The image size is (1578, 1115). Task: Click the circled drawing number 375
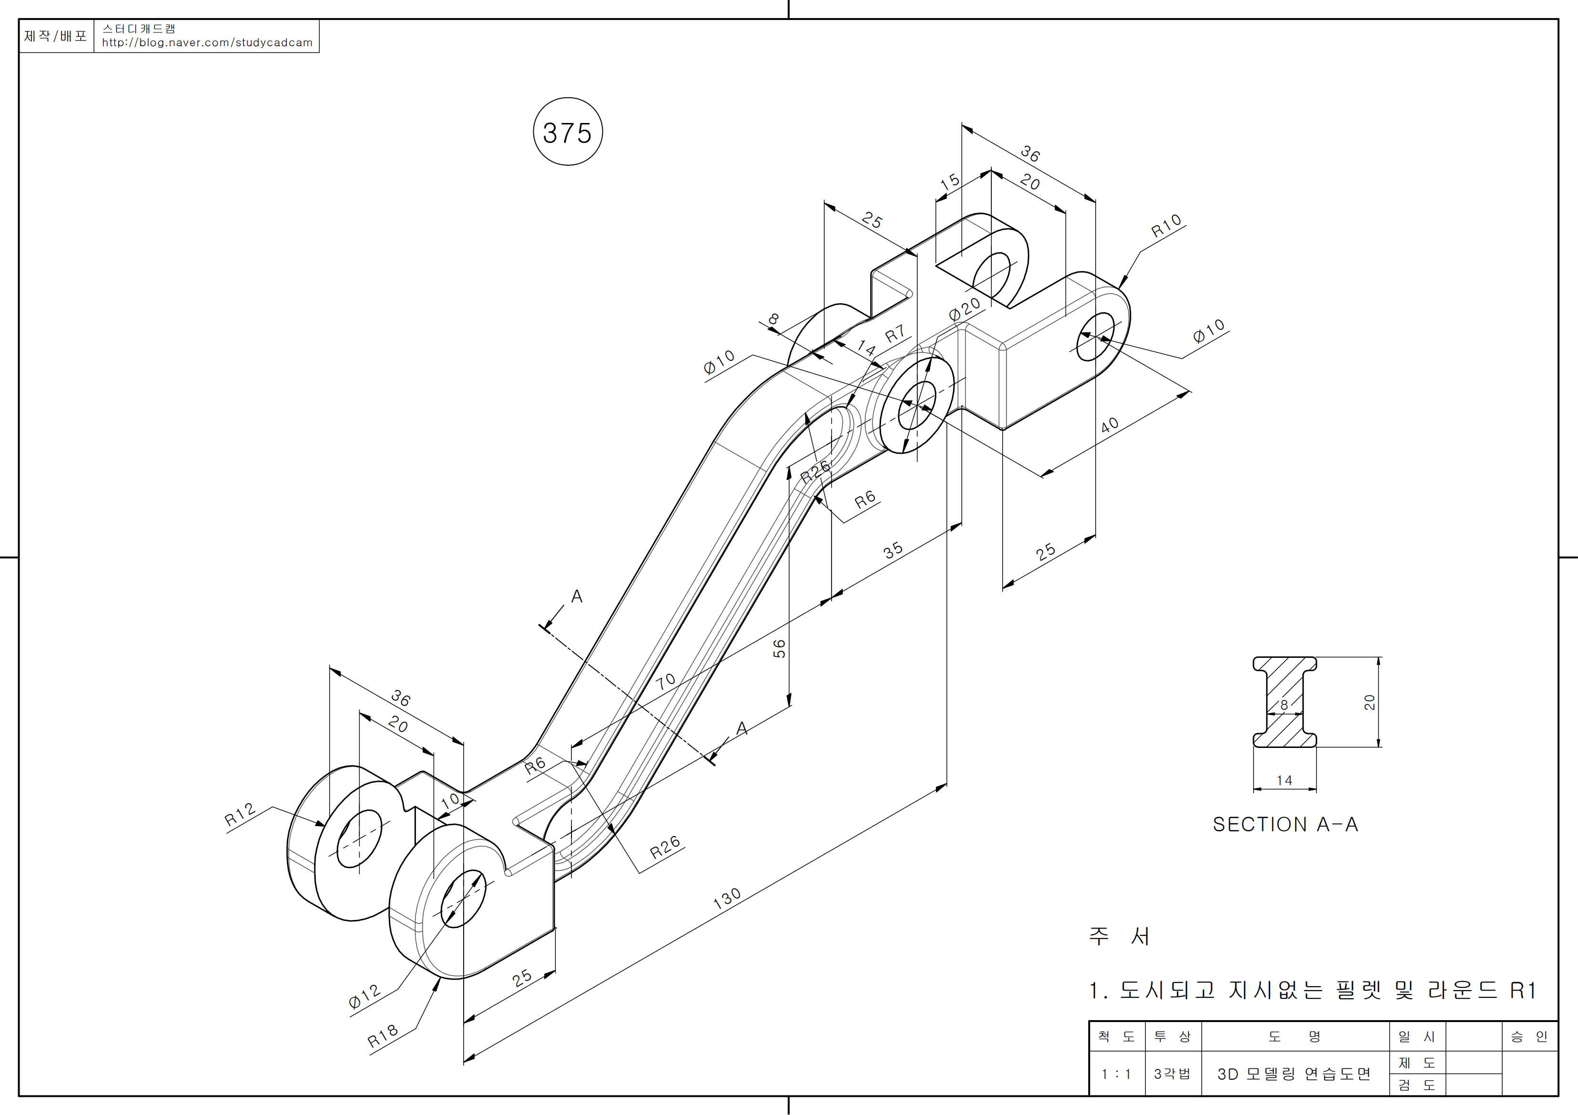(567, 133)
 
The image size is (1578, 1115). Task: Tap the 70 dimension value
(665, 681)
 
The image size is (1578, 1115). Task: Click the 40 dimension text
(1109, 425)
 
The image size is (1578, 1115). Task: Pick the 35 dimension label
(893, 550)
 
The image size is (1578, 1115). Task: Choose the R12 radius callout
(240, 814)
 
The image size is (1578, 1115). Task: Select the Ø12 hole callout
(364, 996)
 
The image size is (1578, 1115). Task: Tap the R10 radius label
(1166, 225)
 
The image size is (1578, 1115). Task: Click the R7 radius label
(895, 335)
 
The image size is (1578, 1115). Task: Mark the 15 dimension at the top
(949, 181)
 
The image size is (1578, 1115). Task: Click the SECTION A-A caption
(1285, 824)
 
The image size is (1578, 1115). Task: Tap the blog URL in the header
(207, 42)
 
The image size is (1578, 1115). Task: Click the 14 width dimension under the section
(1284, 780)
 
